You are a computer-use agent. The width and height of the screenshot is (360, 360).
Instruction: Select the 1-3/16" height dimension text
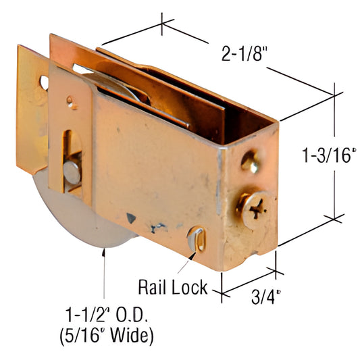[330, 155]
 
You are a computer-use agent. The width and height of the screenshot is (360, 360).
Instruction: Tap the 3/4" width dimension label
[266, 297]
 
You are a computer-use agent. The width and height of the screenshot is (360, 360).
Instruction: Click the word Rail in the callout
[153, 287]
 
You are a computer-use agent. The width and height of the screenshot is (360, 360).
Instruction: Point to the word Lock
[190, 287]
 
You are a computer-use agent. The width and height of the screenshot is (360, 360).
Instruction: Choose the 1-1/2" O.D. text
[106, 315]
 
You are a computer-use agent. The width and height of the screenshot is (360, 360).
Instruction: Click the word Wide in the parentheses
[132, 336]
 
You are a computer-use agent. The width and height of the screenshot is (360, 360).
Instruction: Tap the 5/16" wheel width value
[84, 336]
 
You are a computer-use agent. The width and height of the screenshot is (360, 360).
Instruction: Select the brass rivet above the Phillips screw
[251, 162]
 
